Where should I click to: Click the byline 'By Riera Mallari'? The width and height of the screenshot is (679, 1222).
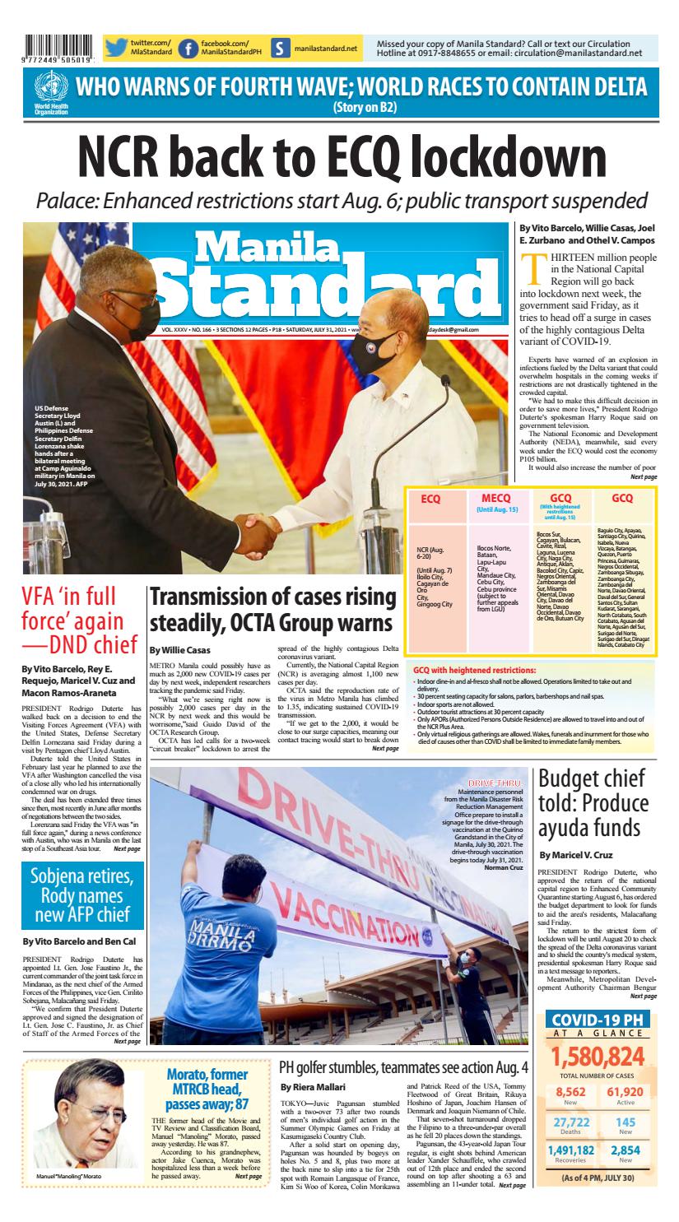pos(307,1087)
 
